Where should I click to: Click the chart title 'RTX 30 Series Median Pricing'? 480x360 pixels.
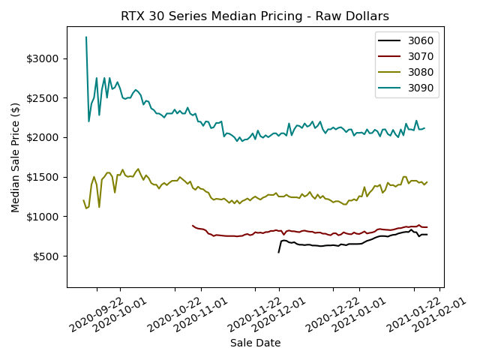255,16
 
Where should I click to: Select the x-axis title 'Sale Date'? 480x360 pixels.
255,343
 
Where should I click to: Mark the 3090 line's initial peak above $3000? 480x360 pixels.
86,37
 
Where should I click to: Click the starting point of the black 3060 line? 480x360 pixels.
278,252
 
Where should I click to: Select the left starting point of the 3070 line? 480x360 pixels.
193,225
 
